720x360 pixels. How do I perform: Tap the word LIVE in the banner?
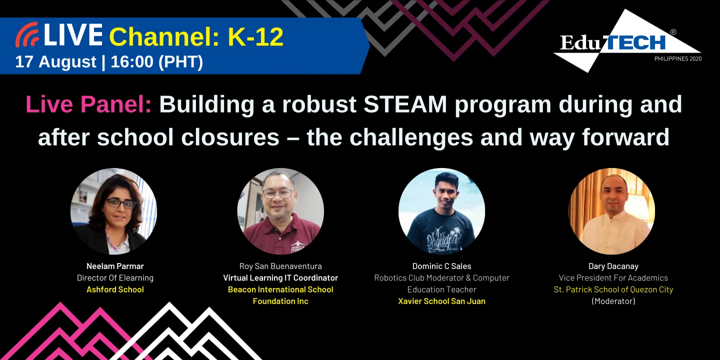[73, 35]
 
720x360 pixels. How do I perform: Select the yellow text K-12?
[255, 36]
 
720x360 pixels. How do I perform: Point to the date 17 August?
[55, 61]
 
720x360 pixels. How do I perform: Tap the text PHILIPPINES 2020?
[677, 59]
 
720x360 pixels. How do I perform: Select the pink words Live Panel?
[88, 104]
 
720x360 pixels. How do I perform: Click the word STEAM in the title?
[405, 104]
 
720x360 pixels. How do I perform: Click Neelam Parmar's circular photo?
[113, 211]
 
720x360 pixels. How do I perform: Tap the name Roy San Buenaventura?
[280, 266]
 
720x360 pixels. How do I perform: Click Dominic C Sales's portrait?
[441, 211]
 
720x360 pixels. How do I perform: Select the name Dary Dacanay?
[613, 266]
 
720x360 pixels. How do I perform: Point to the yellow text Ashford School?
[115, 289]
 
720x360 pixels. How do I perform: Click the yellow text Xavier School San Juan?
[441, 301]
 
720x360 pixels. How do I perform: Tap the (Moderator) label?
[613, 301]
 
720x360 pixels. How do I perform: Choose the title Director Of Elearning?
[115, 278]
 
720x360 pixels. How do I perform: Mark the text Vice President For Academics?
[613, 278]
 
